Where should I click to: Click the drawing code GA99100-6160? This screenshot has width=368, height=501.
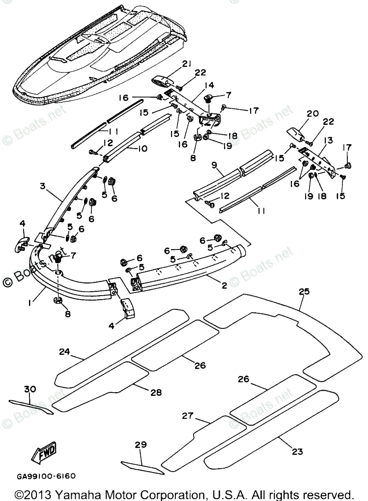click(x=47, y=476)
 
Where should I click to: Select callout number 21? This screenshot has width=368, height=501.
click(x=187, y=64)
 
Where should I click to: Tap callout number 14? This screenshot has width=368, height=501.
click(x=209, y=85)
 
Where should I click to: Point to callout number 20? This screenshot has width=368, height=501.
click(x=312, y=113)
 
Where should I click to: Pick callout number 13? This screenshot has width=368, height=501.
click(x=328, y=140)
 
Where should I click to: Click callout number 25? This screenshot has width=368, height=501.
click(x=304, y=291)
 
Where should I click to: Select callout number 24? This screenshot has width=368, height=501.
click(x=64, y=351)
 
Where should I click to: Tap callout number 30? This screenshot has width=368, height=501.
click(x=30, y=389)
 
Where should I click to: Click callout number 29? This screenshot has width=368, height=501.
click(x=141, y=445)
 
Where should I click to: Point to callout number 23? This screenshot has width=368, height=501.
click(x=297, y=451)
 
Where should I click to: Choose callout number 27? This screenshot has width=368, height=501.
click(x=188, y=415)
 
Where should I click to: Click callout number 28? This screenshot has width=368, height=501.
click(x=156, y=392)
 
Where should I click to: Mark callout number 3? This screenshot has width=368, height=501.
click(x=43, y=186)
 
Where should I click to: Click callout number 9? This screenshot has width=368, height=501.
click(x=214, y=165)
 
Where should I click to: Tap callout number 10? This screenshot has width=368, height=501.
click(x=142, y=149)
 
